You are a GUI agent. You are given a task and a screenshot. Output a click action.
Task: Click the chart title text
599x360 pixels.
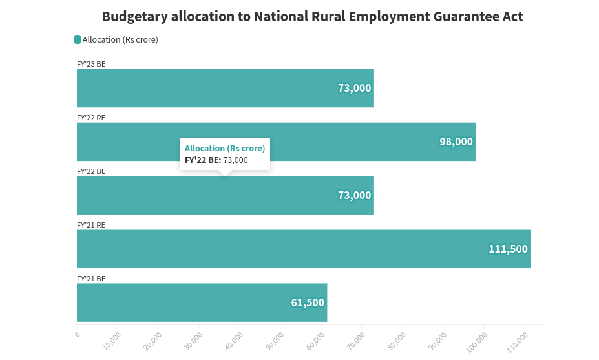tap(312, 17)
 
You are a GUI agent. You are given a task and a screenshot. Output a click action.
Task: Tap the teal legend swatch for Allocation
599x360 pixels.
tap(78, 39)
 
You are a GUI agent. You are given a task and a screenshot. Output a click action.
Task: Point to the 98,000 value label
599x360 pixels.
tap(456, 142)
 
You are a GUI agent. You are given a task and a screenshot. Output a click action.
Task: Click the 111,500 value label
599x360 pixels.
tap(508, 249)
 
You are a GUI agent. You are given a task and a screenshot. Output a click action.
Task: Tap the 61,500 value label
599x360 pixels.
tap(308, 302)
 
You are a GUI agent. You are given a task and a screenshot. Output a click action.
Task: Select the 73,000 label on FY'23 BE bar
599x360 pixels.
tap(355, 88)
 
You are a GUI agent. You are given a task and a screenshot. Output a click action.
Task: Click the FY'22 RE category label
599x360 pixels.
tap(91, 118)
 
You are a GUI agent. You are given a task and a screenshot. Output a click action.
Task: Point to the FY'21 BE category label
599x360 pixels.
tap(91, 279)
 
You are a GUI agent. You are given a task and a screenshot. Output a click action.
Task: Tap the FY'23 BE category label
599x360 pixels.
tap(91, 64)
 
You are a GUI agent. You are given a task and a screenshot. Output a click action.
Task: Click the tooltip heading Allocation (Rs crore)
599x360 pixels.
tap(225, 148)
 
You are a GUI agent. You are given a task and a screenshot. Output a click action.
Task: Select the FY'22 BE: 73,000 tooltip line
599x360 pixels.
tap(216, 160)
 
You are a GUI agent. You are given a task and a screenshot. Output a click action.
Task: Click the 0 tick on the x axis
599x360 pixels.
tap(78, 334)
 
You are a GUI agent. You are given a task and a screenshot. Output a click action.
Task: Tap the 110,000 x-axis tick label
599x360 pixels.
tap(516, 341)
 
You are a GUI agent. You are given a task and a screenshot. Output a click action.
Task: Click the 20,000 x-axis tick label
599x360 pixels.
tap(154, 339)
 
